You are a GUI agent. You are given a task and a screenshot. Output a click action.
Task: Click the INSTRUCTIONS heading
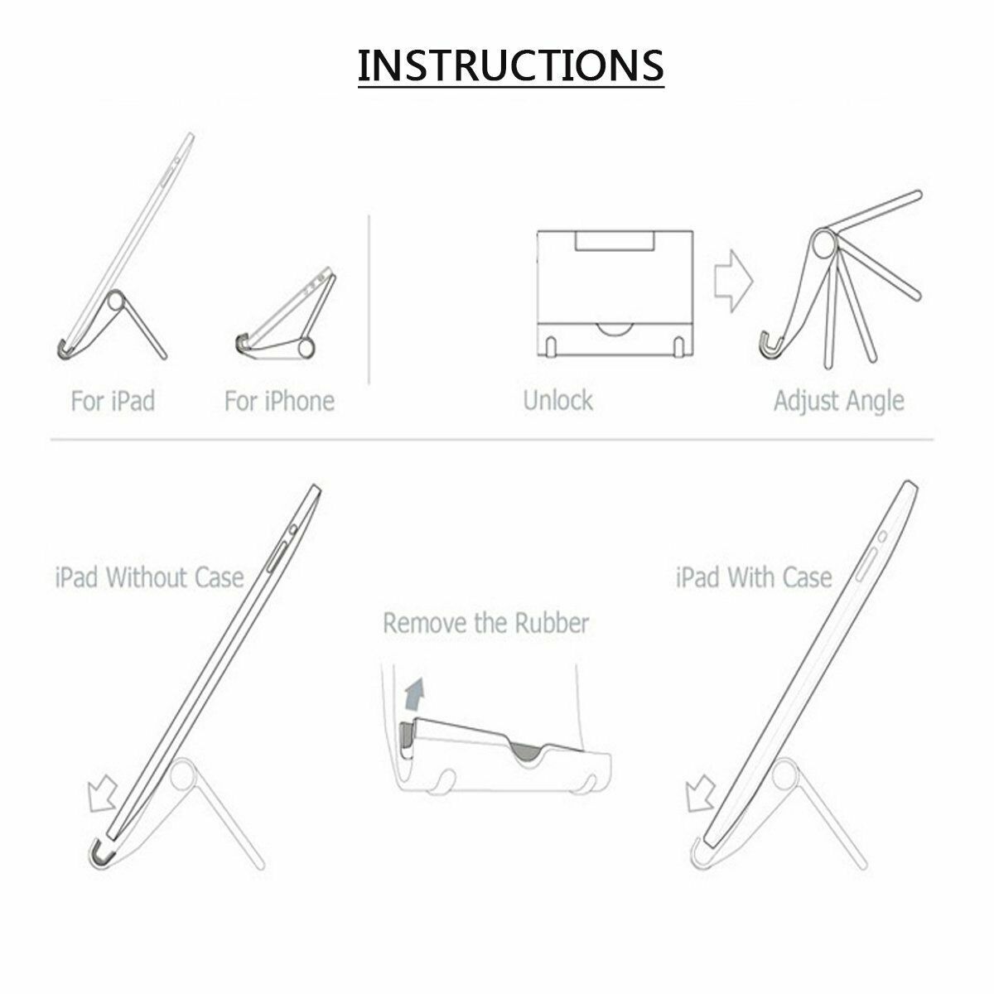click(511, 65)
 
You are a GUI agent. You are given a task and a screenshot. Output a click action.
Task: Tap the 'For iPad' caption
click(113, 401)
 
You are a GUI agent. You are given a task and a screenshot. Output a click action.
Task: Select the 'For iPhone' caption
click(279, 401)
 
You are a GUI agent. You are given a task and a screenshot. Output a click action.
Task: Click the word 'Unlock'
click(558, 400)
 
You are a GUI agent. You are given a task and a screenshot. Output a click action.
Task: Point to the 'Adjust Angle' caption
click(839, 401)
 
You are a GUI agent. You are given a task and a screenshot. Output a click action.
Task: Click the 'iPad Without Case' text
click(149, 577)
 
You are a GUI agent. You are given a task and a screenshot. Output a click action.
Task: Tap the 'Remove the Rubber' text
click(486, 623)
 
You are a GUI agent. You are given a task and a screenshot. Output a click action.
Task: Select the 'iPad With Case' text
click(754, 577)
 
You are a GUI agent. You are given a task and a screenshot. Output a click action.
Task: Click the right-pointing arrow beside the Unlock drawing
click(734, 281)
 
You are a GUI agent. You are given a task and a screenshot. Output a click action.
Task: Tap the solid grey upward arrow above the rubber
click(413, 695)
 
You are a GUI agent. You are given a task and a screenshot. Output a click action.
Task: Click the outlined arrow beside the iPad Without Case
click(104, 795)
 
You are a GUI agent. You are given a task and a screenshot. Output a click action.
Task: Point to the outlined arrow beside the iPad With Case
click(700, 794)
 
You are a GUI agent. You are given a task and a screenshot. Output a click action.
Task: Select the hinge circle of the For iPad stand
click(116, 300)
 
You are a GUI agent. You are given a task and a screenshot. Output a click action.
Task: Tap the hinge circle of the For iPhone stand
click(306, 348)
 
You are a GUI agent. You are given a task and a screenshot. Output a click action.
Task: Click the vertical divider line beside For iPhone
click(369, 299)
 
